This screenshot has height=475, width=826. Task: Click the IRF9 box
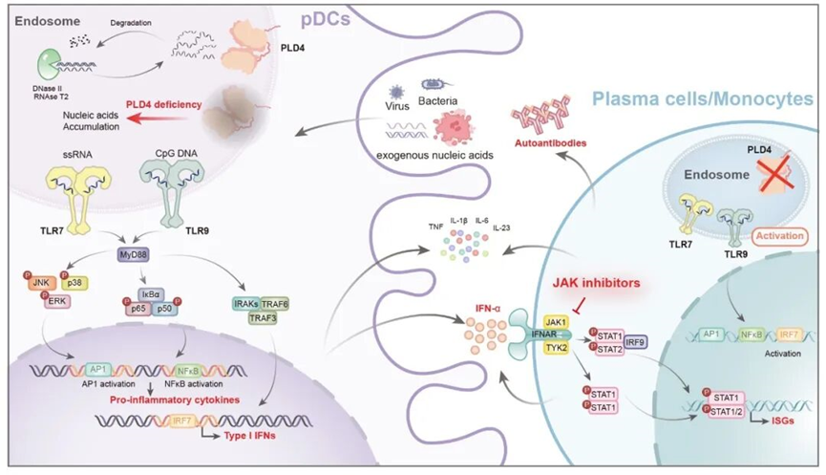[635, 341]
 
